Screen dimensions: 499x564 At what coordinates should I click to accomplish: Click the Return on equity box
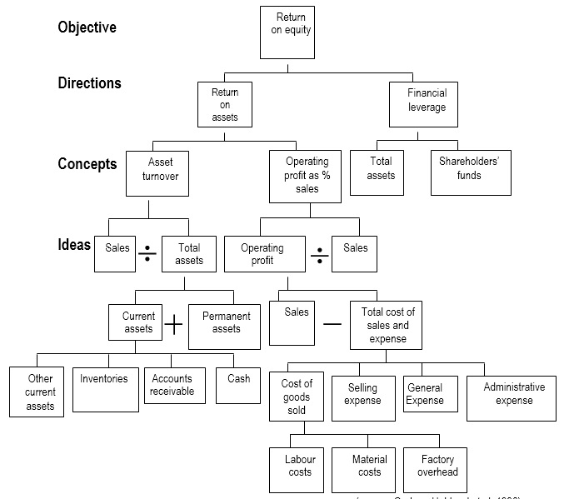click(x=287, y=32)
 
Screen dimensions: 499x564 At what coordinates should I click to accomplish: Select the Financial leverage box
click(x=426, y=104)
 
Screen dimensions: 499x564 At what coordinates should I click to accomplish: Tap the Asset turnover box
click(x=160, y=173)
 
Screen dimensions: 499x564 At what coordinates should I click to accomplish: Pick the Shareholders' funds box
click(x=470, y=172)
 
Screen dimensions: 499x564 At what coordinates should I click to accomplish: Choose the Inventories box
click(x=105, y=389)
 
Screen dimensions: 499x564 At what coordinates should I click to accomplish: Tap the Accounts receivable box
click(x=173, y=386)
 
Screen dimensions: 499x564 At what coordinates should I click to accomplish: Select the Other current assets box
click(x=37, y=392)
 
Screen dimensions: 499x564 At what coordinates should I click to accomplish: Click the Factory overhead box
click(x=437, y=469)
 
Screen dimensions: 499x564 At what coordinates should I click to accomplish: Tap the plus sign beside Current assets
click(x=173, y=325)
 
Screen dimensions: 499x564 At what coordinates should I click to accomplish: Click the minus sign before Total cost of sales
click(x=332, y=323)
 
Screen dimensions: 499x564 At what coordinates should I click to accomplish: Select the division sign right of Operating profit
click(x=319, y=254)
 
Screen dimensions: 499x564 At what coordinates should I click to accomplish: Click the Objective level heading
click(x=87, y=27)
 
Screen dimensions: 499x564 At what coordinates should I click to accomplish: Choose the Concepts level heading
click(x=87, y=163)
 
